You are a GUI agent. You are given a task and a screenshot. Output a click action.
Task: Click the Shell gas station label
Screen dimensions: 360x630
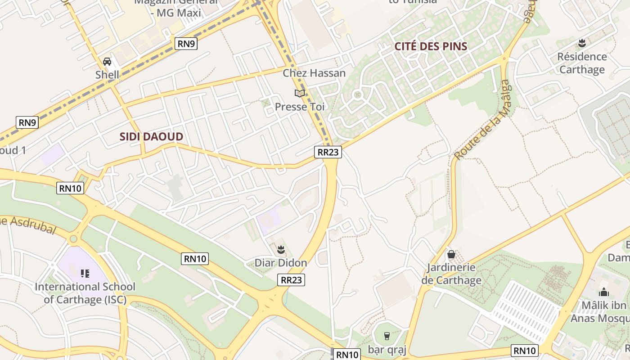tap(107, 75)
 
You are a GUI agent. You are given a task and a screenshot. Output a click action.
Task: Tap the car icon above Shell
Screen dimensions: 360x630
tap(107, 62)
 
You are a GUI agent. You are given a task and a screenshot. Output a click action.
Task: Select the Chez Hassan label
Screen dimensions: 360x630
tap(314, 73)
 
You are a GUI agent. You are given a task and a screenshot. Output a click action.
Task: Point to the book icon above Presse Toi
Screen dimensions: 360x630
tap(300, 93)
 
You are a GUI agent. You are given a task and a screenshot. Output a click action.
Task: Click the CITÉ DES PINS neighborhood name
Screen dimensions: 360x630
tap(431, 46)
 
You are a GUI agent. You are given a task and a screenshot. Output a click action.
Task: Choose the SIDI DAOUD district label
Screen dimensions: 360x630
tap(151, 137)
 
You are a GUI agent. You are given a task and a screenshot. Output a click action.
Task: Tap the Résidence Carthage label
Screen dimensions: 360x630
tap(582, 63)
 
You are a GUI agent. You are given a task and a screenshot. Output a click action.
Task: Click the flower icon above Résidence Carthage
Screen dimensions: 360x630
tap(582, 43)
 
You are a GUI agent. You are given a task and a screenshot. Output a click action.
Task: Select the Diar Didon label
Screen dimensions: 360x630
tap(281, 263)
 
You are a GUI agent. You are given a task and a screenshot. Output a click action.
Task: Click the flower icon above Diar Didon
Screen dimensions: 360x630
tap(281, 249)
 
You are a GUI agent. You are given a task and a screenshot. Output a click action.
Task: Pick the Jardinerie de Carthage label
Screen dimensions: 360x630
tap(451, 274)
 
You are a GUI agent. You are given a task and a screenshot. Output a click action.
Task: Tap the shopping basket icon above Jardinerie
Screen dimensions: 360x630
tap(451, 255)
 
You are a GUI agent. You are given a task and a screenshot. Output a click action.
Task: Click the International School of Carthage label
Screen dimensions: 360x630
tap(85, 293)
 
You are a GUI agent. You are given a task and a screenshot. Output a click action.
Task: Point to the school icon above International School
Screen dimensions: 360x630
tap(85, 273)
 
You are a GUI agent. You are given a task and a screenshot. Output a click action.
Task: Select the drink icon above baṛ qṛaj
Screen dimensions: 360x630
tap(387, 336)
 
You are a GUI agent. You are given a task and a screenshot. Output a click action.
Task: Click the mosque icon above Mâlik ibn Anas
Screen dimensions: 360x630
tap(604, 292)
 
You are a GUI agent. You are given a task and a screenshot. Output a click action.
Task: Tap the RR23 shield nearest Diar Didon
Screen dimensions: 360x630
tap(291, 280)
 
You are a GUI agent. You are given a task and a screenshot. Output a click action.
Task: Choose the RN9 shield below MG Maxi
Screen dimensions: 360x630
tap(186, 44)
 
